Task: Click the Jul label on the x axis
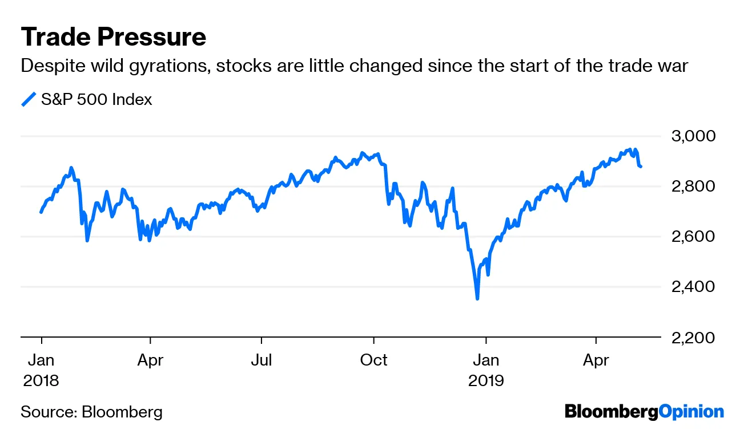pyautogui.click(x=262, y=360)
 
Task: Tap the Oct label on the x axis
pyautogui.click(x=373, y=360)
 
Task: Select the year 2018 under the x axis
pyautogui.click(x=41, y=380)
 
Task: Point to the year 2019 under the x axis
pyautogui.click(x=486, y=380)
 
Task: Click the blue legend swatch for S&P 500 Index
pyautogui.click(x=29, y=100)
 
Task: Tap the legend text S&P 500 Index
pyautogui.click(x=96, y=100)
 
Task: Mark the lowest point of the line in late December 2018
pyautogui.click(x=477, y=298)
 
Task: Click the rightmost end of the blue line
pyautogui.click(x=641, y=167)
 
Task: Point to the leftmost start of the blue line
pyautogui.click(x=41, y=212)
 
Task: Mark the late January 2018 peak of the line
pyautogui.click(x=71, y=168)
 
